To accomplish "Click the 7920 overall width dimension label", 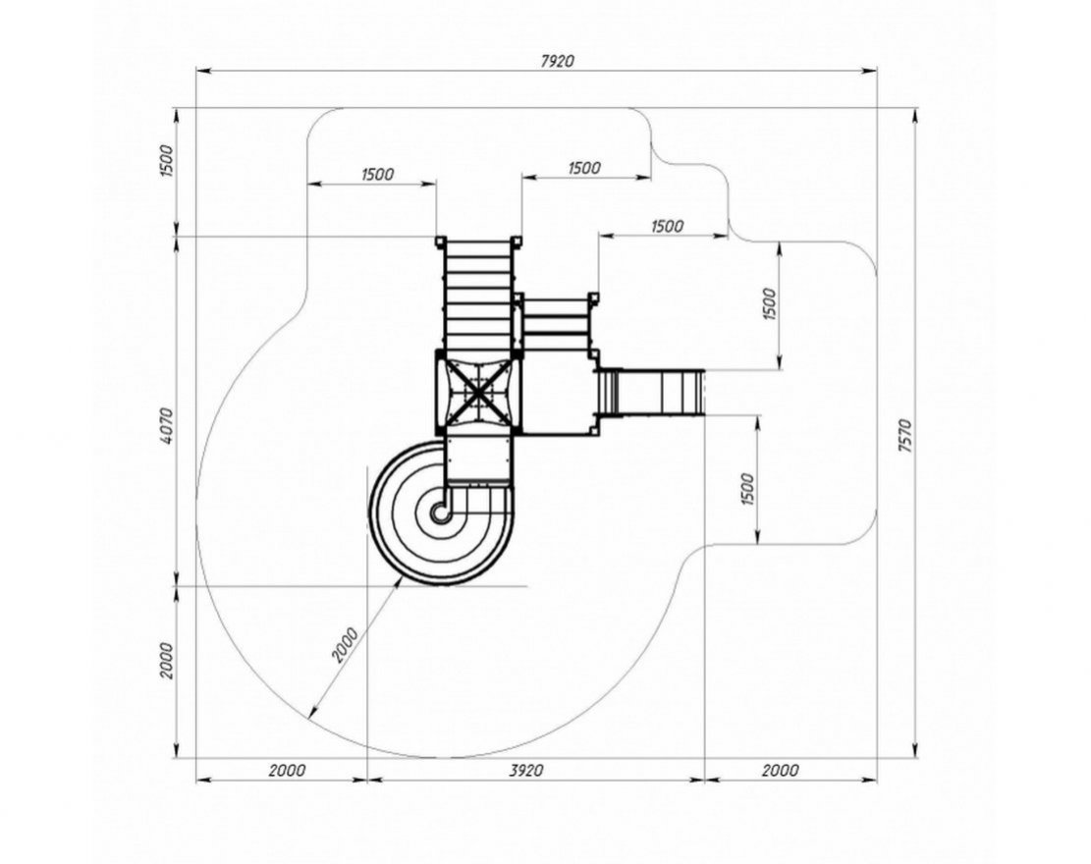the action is click(558, 61).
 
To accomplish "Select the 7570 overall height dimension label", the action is click(904, 436).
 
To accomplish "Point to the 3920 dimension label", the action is click(526, 770).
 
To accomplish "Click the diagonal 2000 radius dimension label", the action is click(345, 645).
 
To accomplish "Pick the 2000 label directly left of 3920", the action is click(287, 770).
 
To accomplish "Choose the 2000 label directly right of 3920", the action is click(780, 770).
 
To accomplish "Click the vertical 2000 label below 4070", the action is click(166, 661).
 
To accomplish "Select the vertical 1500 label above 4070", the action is click(166, 161).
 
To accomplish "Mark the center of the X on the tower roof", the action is click(478, 395).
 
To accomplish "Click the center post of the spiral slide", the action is click(441, 513).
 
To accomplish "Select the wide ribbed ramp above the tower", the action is click(478, 296).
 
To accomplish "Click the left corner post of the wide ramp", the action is click(440, 242).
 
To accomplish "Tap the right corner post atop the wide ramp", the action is click(517, 242).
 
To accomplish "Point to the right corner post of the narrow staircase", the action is click(593, 298).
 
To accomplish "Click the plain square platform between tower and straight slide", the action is click(558, 393).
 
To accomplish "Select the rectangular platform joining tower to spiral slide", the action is click(477, 459).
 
